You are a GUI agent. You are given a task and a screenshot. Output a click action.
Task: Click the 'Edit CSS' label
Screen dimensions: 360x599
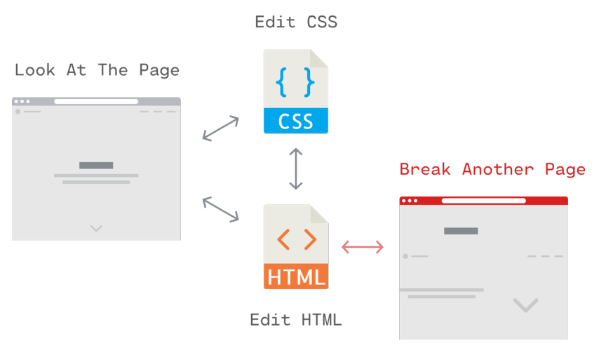(x=296, y=22)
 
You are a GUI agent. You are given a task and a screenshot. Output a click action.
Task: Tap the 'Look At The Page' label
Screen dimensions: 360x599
(x=97, y=70)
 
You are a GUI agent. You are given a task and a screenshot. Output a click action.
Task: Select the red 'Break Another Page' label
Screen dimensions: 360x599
(x=492, y=169)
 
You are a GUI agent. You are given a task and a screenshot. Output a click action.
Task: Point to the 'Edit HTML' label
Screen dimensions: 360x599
(x=295, y=320)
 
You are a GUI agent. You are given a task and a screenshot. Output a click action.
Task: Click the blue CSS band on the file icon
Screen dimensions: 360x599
(x=295, y=121)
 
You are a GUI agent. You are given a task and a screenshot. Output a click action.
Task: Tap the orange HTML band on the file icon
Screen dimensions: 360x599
(x=295, y=276)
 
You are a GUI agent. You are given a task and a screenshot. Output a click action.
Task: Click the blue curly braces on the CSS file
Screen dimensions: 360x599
(x=295, y=82)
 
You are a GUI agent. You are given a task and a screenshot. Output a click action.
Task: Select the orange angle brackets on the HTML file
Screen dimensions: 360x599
(x=295, y=239)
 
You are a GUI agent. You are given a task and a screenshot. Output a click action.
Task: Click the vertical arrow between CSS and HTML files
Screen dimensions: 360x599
(x=296, y=169)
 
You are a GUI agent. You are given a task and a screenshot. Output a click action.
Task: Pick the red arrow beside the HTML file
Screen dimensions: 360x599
(x=363, y=246)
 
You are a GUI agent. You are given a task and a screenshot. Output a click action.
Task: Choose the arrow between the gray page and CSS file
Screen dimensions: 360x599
(x=220, y=128)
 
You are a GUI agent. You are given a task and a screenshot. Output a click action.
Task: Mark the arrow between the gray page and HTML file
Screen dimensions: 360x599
(x=220, y=210)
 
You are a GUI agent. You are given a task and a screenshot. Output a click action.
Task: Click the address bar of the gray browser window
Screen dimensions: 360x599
(x=96, y=102)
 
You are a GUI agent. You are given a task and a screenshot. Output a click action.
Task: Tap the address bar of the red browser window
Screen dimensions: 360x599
(x=483, y=201)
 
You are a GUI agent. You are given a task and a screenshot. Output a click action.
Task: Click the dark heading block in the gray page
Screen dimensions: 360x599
(x=96, y=166)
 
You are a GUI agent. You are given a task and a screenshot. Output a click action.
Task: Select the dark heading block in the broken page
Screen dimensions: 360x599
(x=461, y=231)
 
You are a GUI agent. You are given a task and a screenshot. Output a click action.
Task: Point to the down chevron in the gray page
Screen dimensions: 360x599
(x=96, y=228)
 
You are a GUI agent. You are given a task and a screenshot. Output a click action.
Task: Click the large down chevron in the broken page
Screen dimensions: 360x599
(x=525, y=305)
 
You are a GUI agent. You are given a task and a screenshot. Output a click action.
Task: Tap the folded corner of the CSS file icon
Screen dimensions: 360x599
(x=319, y=58)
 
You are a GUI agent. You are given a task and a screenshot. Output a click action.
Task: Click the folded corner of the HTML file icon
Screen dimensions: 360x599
(x=319, y=213)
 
